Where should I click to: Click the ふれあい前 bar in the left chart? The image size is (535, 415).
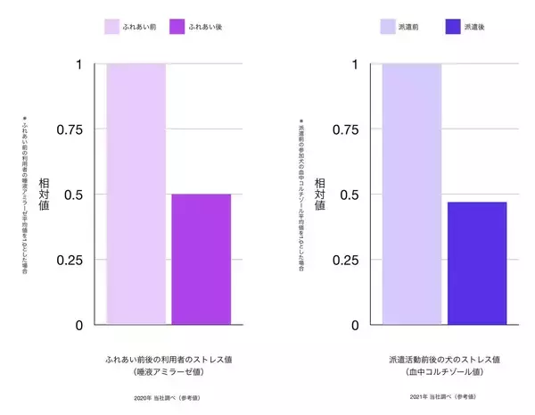[136, 195]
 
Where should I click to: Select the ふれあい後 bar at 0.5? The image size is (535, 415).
[201, 259]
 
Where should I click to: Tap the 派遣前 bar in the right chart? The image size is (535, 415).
[411, 195]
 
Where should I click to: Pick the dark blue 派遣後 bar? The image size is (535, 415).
[476, 263]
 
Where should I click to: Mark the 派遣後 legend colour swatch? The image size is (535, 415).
[462, 27]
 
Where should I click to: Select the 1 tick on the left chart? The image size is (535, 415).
[78, 65]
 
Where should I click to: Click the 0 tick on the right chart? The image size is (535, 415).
[355, 325]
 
